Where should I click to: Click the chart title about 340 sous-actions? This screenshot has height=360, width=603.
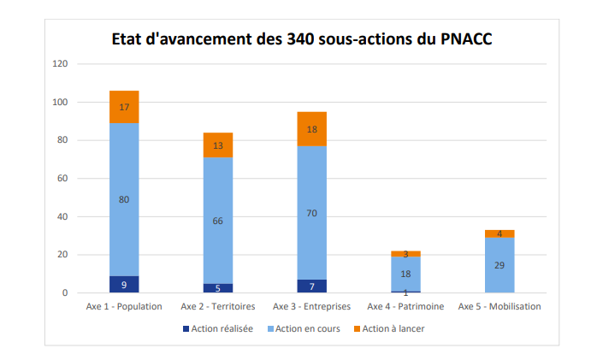tap(302, 39)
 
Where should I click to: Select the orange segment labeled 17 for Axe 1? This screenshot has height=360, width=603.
tap(124, 107)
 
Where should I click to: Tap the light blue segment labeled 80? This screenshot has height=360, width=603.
tap(124, 199)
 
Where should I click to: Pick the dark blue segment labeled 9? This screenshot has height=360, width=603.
tap(124, 284)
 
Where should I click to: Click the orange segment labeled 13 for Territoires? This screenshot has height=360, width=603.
tap(217, 145)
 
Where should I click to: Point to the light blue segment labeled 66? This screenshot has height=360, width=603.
tap(217, 221)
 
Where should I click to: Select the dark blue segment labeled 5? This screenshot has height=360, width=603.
tap(217, 288)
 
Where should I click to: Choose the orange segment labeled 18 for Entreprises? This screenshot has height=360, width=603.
tap(311, 129)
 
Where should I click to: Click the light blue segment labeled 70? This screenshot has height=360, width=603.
tap(311, 213)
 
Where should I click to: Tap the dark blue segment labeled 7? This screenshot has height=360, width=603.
tap(311, 286)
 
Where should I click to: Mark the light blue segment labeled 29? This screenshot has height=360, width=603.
tap(500, 265)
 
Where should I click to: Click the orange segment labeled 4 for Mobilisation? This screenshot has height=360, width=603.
tap(500, 233)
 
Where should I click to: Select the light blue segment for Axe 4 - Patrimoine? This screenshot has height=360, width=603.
tap(405, 274)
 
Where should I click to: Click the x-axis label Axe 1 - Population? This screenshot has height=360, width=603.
tap(124, 306)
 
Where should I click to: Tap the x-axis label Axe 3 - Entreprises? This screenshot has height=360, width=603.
tap(311, 306)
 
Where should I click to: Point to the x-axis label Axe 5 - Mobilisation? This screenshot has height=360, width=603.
tap(500, 306)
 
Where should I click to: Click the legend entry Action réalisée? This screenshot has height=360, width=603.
tap(222, 328)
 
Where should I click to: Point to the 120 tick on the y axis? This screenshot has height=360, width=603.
tap(60, 64)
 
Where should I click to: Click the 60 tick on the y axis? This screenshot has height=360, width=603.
tap(62, 179)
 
